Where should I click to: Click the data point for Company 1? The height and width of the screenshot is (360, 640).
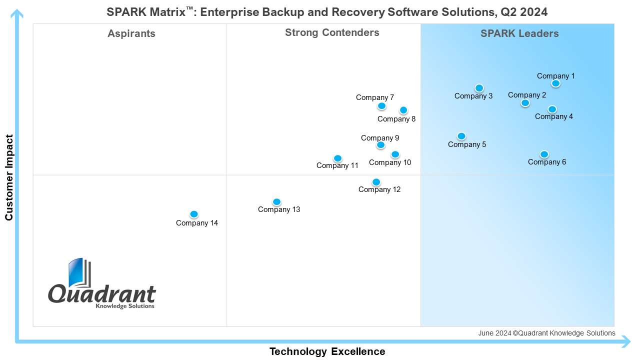(555, 83)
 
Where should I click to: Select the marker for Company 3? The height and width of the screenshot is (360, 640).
(479, 88)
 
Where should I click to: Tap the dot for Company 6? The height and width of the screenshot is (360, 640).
(544, 154)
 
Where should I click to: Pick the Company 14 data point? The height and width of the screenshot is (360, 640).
(194, 214)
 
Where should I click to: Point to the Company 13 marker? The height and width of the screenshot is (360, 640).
(276, 202)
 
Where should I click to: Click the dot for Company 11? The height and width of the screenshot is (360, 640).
(337, 158)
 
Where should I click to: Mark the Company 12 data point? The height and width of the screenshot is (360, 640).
(376, 182)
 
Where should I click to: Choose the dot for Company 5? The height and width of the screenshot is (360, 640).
(461, 136)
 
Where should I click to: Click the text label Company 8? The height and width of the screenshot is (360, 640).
(396, 119)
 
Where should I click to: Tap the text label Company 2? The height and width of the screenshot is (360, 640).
(527, 95)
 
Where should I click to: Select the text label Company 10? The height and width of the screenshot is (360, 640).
(390, 162)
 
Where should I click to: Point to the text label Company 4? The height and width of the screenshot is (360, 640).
(554, 116)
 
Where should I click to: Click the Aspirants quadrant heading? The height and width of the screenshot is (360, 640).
(131, 34)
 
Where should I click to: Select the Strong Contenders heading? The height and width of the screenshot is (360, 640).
(332, 33)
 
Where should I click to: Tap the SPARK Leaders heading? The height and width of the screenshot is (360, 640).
(519, 34)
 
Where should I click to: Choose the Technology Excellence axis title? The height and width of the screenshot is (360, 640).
(327, 351)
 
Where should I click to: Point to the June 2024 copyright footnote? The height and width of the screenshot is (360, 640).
(546, 333)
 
